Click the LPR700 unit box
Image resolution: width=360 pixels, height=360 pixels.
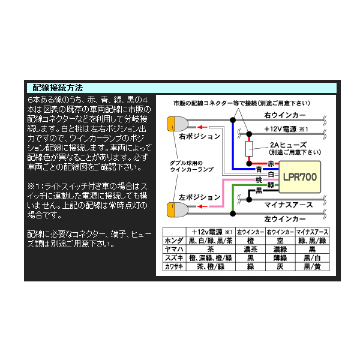pos(299,177)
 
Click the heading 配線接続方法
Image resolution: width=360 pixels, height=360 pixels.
pos(58,88)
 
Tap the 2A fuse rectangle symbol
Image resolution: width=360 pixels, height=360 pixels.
pos(249,149)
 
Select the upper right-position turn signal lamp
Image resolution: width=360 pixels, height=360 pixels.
pos(178,124)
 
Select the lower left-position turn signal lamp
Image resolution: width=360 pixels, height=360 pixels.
pos(178,209)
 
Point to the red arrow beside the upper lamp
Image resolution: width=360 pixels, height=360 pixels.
pos(202,127)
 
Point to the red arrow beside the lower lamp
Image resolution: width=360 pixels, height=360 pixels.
pos(202,206)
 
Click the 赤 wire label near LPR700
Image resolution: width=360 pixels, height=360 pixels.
pos(271,164)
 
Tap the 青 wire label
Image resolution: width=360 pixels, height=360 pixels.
pos(259,169)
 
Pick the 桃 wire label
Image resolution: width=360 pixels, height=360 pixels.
pos(259,180)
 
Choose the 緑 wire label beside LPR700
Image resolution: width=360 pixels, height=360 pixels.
pos(271,185)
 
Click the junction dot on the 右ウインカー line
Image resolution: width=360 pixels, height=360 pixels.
pos(233,120)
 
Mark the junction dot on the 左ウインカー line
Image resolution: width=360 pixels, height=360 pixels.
pos(233,214)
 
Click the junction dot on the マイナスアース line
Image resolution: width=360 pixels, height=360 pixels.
pos(249,200)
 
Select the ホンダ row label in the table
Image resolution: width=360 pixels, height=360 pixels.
pos(174,241)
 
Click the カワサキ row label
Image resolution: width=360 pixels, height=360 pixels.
pos(174,266)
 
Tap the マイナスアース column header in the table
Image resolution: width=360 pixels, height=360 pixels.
pos(312,232)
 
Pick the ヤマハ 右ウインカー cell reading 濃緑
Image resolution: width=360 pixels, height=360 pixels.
pos(280,249)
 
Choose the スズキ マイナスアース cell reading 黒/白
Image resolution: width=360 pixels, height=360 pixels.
pos(312,258)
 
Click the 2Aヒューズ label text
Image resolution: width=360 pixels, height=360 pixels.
pos(288,145)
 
